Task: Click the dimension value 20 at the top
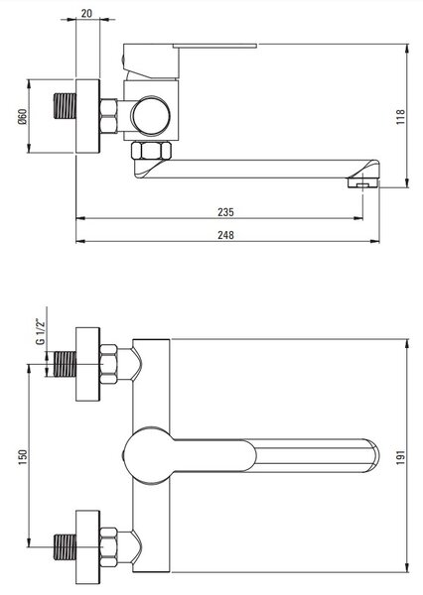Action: pos(86,13)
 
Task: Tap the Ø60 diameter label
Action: pos(23,116)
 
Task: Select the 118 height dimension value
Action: pos(400,117)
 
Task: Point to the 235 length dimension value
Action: pos(225,212)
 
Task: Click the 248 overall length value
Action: pos(225,235)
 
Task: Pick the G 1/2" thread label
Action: pos(41,331)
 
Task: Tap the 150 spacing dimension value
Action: pos(23,457)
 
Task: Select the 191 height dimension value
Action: pos(400,457)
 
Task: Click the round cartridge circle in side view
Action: pos(151,116)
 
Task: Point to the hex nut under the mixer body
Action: pos(151,151)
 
